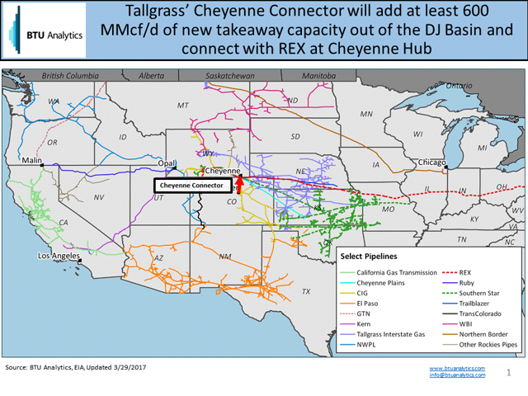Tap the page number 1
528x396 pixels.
click(x=509, y=372)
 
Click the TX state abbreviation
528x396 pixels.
click(x=306, y=291)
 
